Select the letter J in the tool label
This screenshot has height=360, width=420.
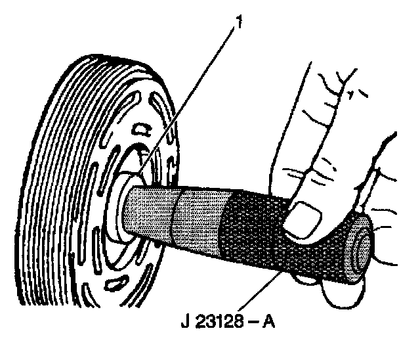click(x=183, y=324)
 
